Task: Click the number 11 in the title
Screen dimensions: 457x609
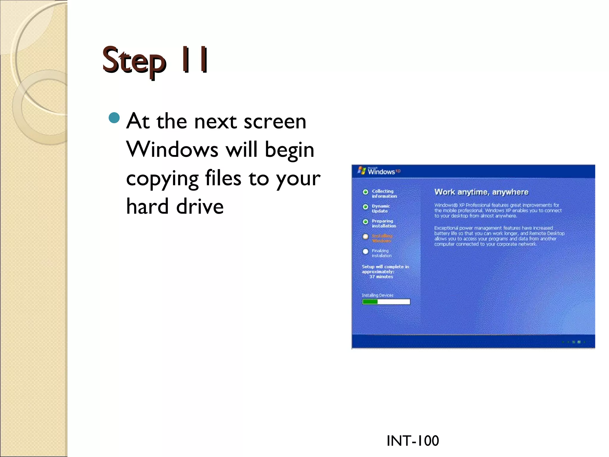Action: [x=195, y=60]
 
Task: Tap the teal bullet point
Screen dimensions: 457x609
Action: [x=114, y=118]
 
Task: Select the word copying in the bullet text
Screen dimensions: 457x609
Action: [x=162, y=179]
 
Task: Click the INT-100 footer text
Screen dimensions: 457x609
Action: [x=412, y=441]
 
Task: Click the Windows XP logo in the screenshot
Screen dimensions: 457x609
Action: [x=379, y=171]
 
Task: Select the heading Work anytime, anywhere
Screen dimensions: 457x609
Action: [x=481, y=192]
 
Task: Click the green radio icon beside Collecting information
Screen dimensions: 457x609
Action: [x=365, y=192]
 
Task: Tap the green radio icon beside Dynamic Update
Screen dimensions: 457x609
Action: [x=365, y=207]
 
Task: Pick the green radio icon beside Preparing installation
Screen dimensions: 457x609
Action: [x=365, y=222]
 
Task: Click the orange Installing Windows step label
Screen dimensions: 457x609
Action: [x=382, y=238]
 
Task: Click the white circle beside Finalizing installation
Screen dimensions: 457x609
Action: [x=365, y=251]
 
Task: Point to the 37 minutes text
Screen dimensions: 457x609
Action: [x=381, y=277]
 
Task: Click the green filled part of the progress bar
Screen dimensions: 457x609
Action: [x=370, y=302]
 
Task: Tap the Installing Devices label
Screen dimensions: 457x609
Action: [x=377, y=295]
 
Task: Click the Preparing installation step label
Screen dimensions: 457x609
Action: [x=384, y=223]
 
